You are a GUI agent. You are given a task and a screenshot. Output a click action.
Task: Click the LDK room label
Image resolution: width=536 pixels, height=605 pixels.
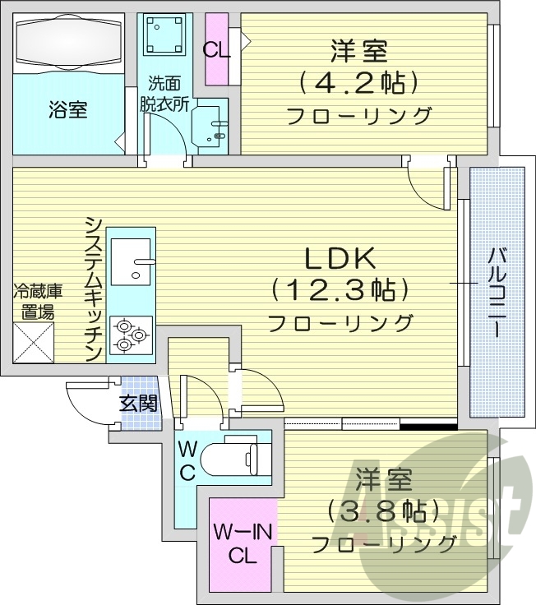(340, 260)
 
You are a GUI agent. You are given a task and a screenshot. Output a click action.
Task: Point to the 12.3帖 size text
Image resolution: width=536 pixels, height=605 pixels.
(340, 290)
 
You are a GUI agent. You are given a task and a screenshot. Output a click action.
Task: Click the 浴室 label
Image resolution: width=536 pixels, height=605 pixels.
(67, 110)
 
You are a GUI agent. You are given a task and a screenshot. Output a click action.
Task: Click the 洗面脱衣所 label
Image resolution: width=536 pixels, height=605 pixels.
(164, 94)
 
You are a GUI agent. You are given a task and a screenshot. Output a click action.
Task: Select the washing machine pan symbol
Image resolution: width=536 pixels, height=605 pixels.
(165, 35)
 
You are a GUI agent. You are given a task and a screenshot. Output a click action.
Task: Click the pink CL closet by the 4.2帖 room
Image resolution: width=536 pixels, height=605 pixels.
(217, 49)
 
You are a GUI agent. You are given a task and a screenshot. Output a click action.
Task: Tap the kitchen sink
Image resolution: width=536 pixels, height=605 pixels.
(131, 262)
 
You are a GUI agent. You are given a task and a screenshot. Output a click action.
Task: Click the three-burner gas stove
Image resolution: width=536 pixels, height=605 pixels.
(130, 335)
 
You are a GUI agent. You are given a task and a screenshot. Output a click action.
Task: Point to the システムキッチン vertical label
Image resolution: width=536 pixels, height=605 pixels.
(94, 289)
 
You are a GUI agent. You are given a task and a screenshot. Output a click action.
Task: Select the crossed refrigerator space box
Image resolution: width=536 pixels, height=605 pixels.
(33, 342)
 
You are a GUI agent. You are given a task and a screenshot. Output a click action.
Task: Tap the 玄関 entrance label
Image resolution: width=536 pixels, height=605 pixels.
(137, 404)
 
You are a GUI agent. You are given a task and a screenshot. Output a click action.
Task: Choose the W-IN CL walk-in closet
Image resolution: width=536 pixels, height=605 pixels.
(243, 544)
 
